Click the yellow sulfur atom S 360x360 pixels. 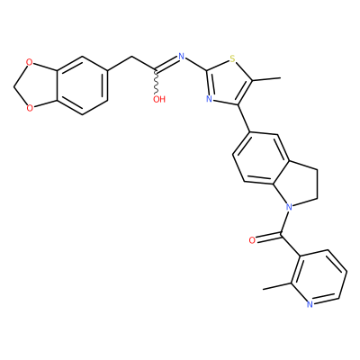click(231, 58)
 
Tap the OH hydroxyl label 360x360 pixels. click(159, 99)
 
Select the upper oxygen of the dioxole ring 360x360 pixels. click(29, 62)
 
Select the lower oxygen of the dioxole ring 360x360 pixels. click(29, 107)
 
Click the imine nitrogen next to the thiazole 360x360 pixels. click(181, 56)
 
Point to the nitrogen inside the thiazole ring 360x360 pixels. click(210, 99)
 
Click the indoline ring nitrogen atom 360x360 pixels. click(289, 207)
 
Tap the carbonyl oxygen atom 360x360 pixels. click(252, 240)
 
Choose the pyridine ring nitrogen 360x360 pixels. click(310, 304)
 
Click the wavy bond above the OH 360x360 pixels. click(156, 82)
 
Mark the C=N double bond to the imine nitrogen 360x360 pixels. click(166, 64)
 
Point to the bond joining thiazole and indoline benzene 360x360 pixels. click(244, 119)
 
